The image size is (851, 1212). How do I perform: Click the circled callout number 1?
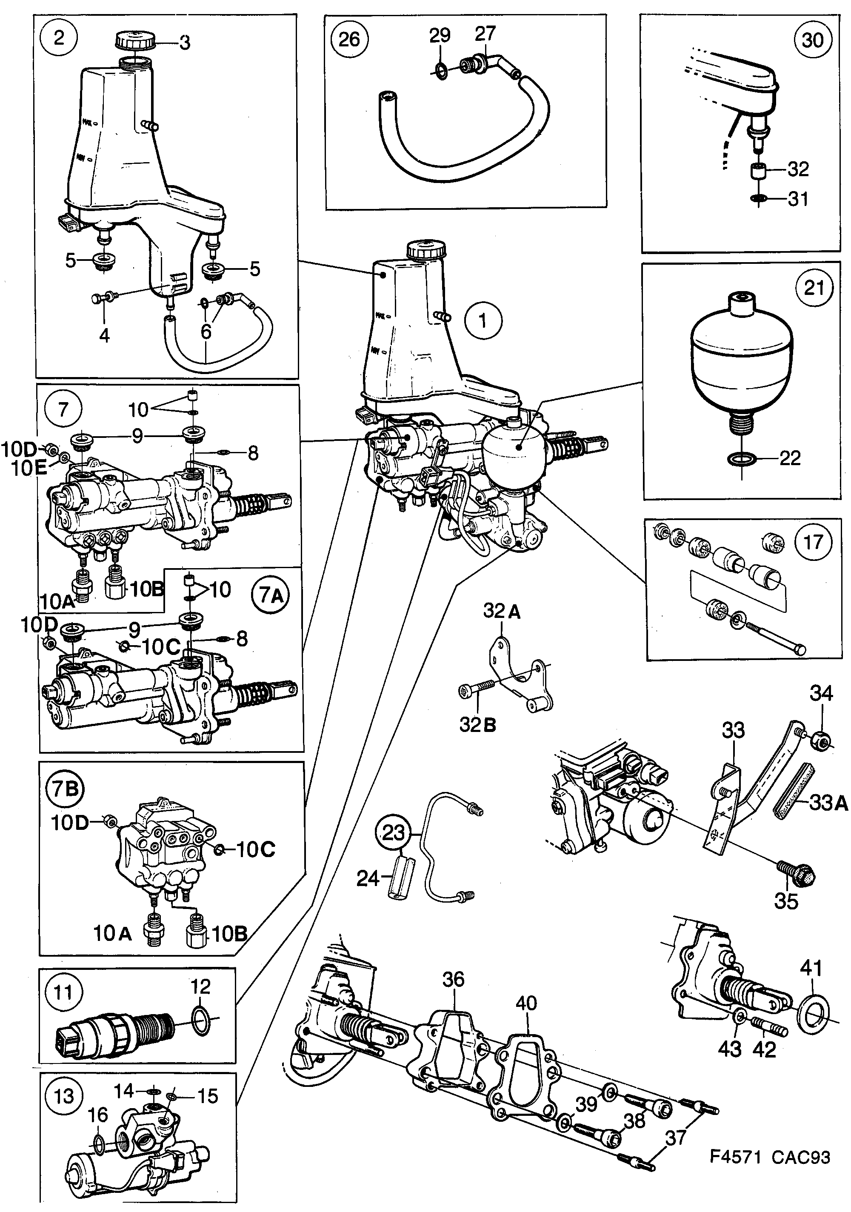(x=483, y=320)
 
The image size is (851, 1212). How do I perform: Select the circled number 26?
(x=349, y=39)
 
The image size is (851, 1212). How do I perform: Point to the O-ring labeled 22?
(x=742, y=459)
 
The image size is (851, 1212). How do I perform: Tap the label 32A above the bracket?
(x=502, y=611)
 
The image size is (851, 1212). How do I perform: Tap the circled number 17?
(x=813, y=542)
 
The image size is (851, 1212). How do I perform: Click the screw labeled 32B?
(x=475, y=690)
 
